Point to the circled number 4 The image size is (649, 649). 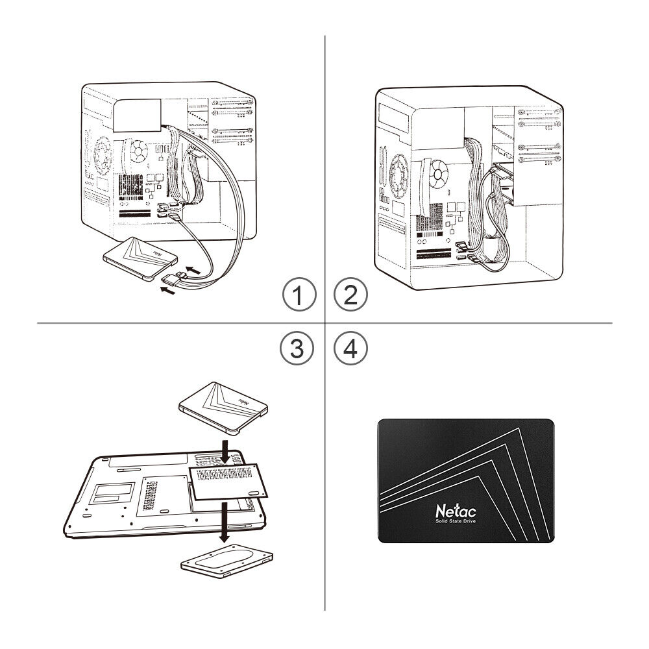tap(350, 349)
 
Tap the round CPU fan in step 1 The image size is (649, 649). tap(138, 152)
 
